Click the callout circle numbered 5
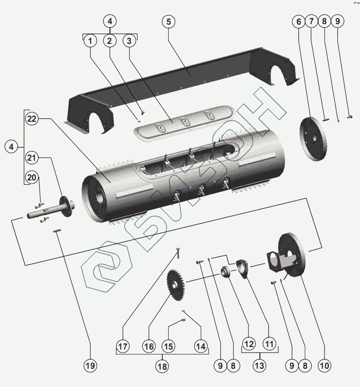coord(169,22)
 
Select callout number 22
coord(32,119)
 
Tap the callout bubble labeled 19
coord(90,366)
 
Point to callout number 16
coord(149,347)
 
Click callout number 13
coord(259,366)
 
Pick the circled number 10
coord(324,366)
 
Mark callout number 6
coord(298,22)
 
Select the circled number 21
coord(32,158)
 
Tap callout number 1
coord(90,41)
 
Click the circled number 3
coord(129,41)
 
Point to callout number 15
coord(169,347)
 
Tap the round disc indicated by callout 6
coord(314,139)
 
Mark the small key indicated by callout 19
coord(58,231)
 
